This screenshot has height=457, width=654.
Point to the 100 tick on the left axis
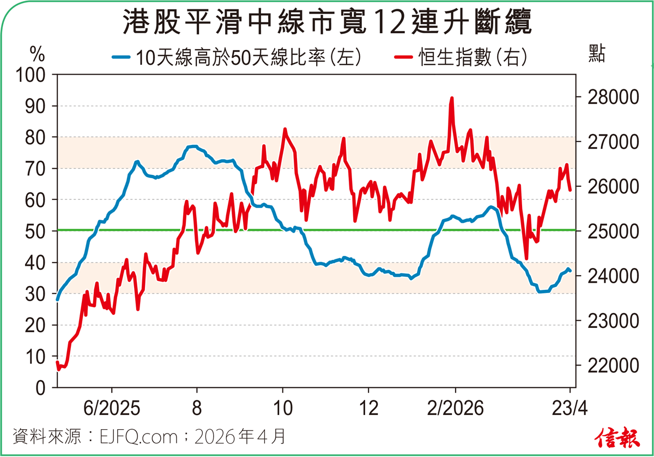pyautogui.click(x=33, y=75)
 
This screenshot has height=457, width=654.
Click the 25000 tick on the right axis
pyautogui.click(x=606, y=231)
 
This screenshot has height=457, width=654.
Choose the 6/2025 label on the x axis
pyautogui.click(x=112, y=409)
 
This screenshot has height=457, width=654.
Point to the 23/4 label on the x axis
pyautogui.click(x=570, y=409)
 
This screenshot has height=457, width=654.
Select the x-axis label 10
pyautogui.click(x=283, y=409)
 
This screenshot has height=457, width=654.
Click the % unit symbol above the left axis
pyautogui.click(x=37, y=54)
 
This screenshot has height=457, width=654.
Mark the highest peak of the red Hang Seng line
pyautogui.click(x=452, y=99)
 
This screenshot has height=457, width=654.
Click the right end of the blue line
pyautogui.click(x=570, y=271)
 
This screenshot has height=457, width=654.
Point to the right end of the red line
pyautogui.click(x=570, y=190)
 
